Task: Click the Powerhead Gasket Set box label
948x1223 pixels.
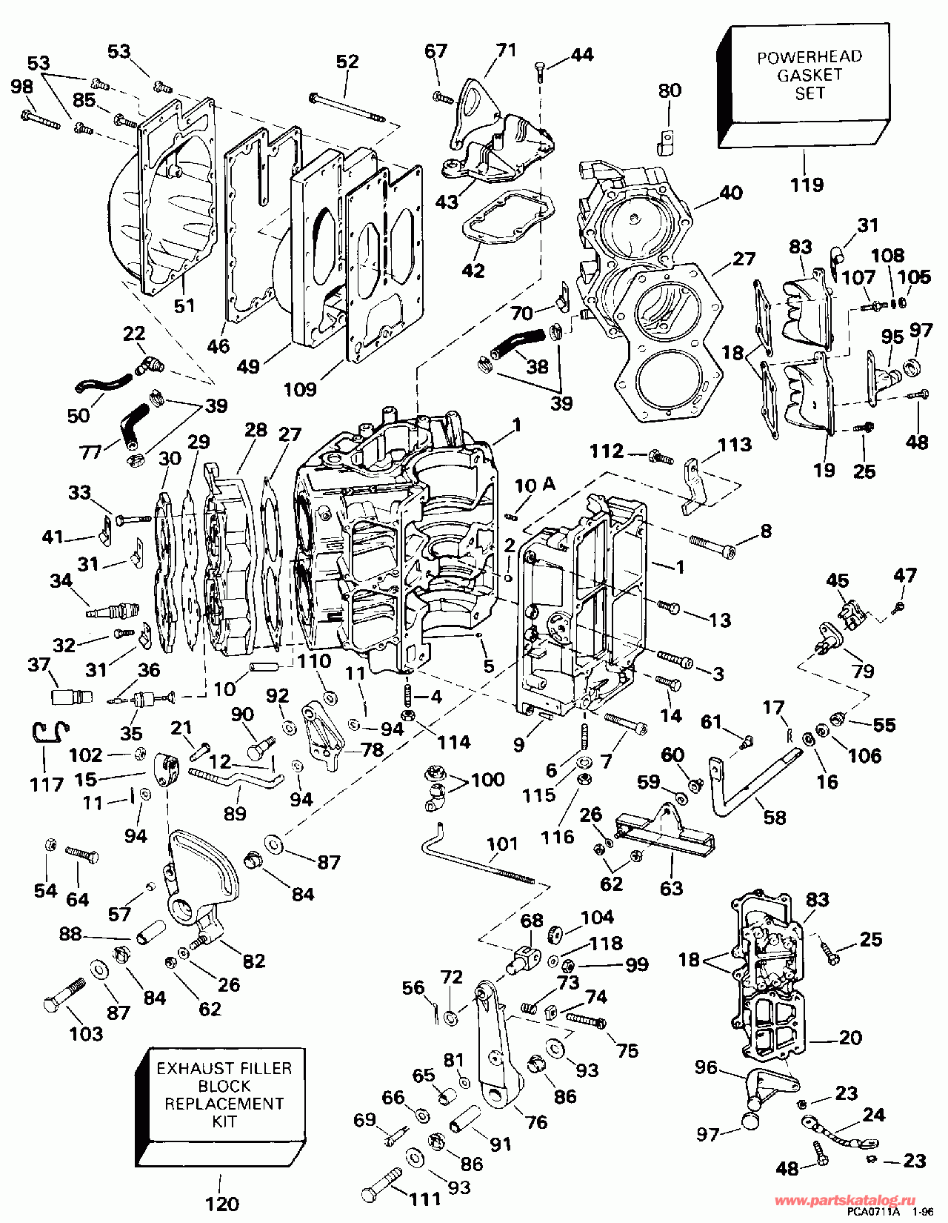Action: click(809, 75)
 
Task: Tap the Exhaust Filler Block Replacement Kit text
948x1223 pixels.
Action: click(224, 1094)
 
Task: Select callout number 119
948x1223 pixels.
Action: click(807, 185)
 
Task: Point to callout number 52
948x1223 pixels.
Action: click(347, 62)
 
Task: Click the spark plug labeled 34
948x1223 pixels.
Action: click(111, 611)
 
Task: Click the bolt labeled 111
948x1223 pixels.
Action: click(381, 1181)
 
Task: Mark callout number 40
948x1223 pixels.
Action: click(731, 193)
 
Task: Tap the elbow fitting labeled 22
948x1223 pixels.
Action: click(150, 364)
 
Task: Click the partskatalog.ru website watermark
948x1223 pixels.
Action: click(844, 1200)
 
